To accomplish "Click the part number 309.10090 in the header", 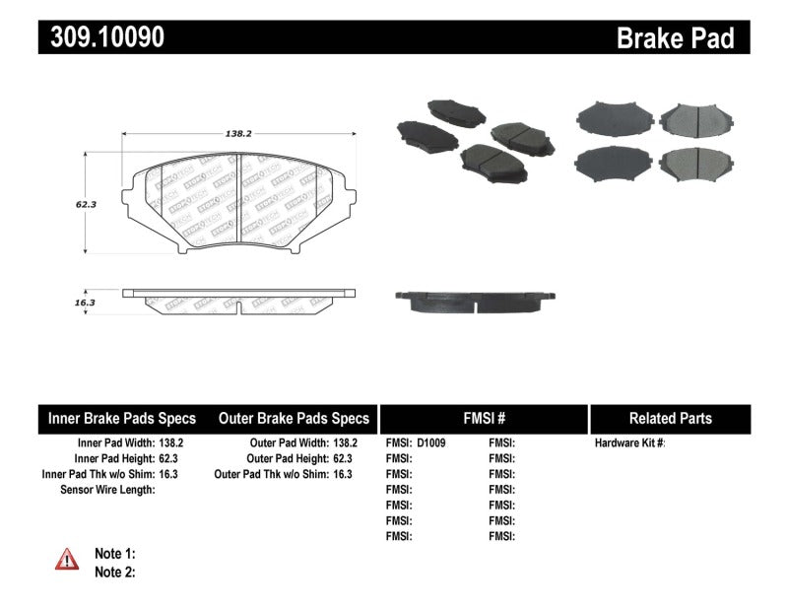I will (101, 37).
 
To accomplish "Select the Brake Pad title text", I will (675, 38).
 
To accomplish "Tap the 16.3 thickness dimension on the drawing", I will (84, 303).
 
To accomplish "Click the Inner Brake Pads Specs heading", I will (122, 418).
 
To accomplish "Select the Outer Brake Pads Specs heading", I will (294, 418).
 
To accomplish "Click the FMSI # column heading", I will (483, 418).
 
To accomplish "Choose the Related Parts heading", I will (669, 418).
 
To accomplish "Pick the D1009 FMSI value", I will (431, 443).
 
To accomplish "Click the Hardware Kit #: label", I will (630, 443).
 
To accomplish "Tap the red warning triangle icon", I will (66, 560).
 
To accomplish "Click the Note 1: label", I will (114, 554).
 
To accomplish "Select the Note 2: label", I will (114, 572).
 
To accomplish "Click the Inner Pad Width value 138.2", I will (170, 443).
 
